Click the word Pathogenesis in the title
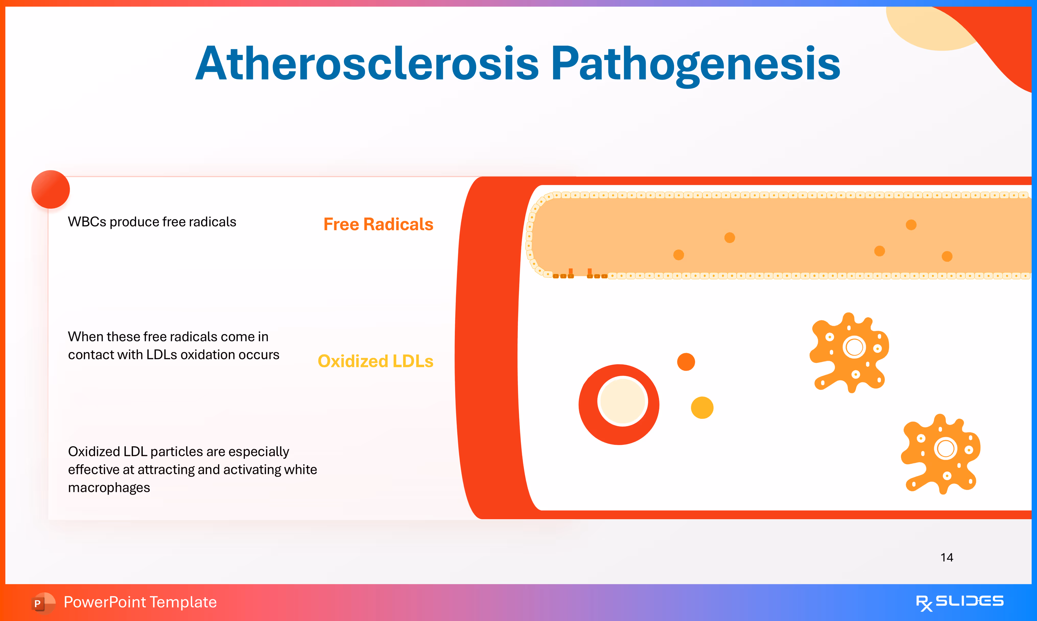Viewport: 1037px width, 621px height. point(695,65)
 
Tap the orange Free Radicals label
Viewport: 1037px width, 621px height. point(379,224)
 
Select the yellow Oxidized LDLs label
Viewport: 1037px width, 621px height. point(375,361)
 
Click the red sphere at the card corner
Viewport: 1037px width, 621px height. point(51,189)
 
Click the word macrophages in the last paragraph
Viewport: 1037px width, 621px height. point(109,488)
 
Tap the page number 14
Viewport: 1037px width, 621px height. point(947,557)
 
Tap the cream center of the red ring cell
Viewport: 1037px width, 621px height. point(622,401)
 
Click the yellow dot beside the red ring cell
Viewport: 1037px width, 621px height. point(702,408)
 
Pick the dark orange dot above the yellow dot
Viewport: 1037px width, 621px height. point(686,362)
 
